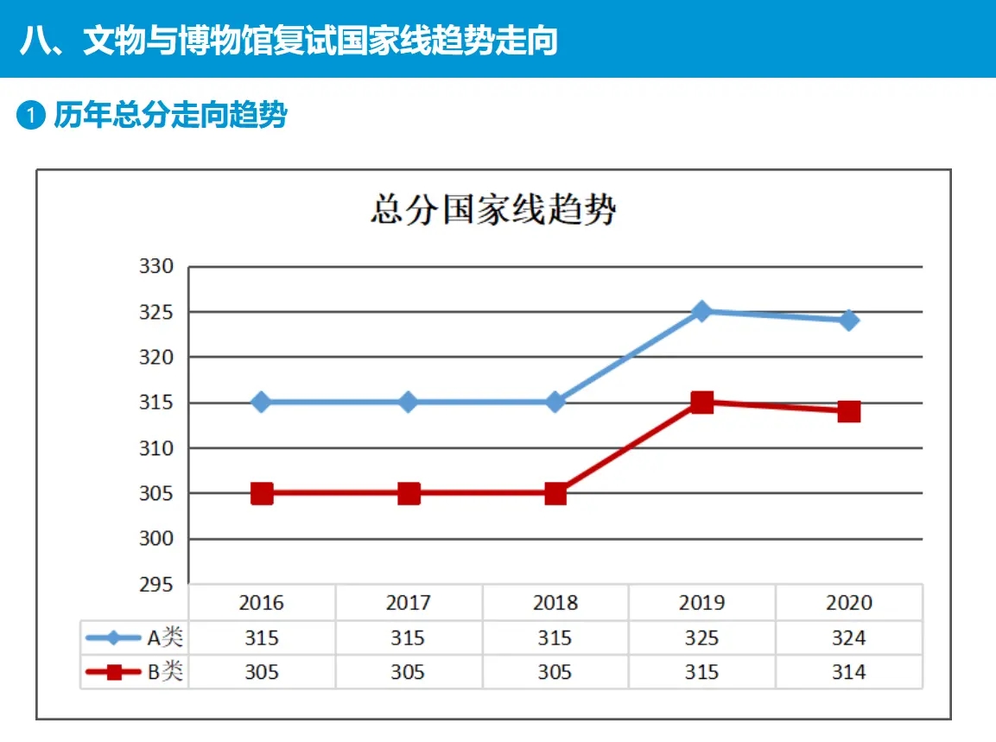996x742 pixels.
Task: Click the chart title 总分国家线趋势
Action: point(493,210)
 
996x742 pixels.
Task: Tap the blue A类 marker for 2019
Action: point(702,311)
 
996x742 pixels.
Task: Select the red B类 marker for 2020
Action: point(849,411)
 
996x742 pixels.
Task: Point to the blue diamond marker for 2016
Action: point(262,402)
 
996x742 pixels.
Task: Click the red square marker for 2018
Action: point(555,493)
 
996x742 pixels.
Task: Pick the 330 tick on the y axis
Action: point(156,267)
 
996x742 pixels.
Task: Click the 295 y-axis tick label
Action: point(156,585)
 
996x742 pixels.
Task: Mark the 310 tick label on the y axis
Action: point(156,448)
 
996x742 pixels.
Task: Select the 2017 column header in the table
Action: point(408,602)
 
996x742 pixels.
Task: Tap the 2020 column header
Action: point(848,602)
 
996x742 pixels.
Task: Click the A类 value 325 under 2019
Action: point(701,638)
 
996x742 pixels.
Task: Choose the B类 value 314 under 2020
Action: point(848,672)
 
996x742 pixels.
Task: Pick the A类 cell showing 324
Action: point(848,638)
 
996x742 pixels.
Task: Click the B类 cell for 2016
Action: point(261,672)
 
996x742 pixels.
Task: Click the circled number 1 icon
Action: point(31,116)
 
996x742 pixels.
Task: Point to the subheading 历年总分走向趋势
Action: point(170,116)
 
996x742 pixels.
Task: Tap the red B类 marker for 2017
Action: point(409,493)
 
